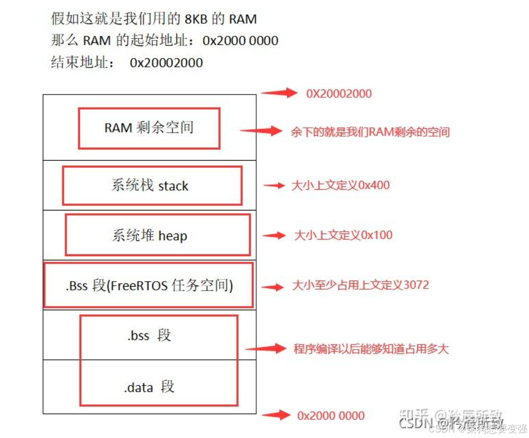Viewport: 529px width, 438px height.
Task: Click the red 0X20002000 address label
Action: pos(339,94)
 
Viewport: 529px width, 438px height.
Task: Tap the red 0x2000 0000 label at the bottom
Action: pos(331,415)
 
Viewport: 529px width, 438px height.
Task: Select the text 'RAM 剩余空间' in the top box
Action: pos(149,128)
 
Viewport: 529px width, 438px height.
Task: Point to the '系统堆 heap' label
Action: pos(150,235)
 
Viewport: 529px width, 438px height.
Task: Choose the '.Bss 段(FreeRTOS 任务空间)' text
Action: pos(149,286)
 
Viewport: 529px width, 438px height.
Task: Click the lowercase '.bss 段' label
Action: pos(149,335)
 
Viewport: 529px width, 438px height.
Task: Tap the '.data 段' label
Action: pos(149,387)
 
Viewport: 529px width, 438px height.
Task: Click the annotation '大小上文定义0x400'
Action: pos(340,186)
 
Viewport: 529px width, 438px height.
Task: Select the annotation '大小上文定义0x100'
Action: pos(343,235)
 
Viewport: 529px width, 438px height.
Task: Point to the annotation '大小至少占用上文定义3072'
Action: pos(361,285)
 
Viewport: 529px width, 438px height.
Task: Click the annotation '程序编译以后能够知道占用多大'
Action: pos(371,348)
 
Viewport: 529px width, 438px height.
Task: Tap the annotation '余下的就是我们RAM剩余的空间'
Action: pos(370,132)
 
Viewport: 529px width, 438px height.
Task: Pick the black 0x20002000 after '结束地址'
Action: pos(166,63)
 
